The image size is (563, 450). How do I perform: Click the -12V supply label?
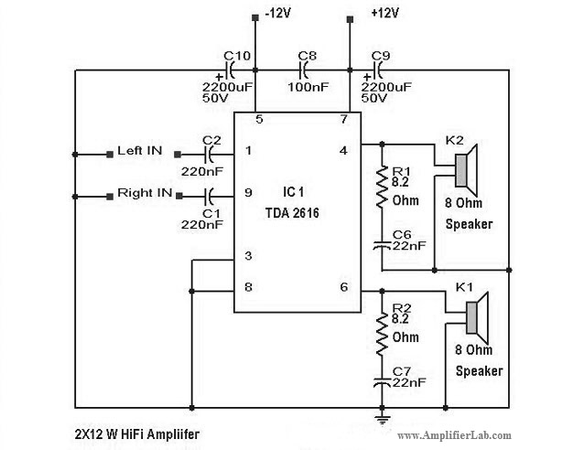tap(277, 14)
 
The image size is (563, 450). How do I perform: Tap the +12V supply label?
tap(384, 14)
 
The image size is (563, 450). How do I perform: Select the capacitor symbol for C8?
tap(304, 70)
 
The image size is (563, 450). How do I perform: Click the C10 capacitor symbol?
tap(230, 70)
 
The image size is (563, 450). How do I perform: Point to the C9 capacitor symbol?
tap(378, 70)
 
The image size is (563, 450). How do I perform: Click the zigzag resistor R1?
tap(382, 187)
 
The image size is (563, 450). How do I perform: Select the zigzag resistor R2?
tap(382, 334)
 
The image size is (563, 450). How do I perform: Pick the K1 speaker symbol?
tap(477, 317)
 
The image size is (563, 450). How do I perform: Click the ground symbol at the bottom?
tap(382, 419)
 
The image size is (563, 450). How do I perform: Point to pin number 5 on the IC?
tap(259, 120)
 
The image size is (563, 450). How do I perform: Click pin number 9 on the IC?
tap(248, 193)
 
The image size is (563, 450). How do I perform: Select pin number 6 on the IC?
tap(343, 287)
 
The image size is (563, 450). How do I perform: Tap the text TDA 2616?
tap(292, 213)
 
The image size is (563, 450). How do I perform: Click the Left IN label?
tap(140, 151)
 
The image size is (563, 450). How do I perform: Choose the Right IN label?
tap(145, 193)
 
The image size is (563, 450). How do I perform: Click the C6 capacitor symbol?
tap(382, 245)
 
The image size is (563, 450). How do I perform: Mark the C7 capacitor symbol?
tap(382, 381)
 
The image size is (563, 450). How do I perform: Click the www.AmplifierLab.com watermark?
tap(454, 435)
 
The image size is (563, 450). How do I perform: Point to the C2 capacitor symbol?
tap(210, 155)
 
